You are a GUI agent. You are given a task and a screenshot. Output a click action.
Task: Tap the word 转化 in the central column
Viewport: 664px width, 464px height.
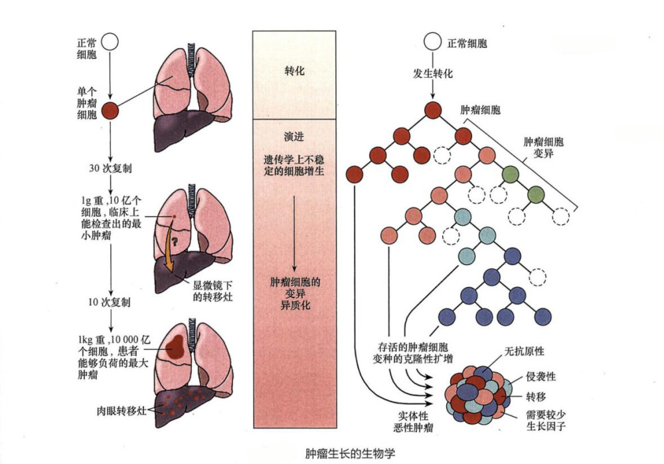click(294, 71)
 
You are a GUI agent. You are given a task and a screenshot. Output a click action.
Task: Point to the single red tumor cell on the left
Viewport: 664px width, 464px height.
click(112, 110)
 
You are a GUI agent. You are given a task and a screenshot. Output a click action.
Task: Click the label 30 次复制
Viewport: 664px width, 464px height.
click(110, 168)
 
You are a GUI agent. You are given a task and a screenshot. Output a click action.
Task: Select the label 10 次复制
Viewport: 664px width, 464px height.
click(110, 302)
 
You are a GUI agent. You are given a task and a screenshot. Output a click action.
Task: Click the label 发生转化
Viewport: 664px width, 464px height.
click(433, 74)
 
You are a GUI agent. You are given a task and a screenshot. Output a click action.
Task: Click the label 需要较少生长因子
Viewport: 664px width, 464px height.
click(544, 419)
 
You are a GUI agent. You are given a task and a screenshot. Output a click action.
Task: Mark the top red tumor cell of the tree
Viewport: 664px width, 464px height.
click(433, 110)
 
